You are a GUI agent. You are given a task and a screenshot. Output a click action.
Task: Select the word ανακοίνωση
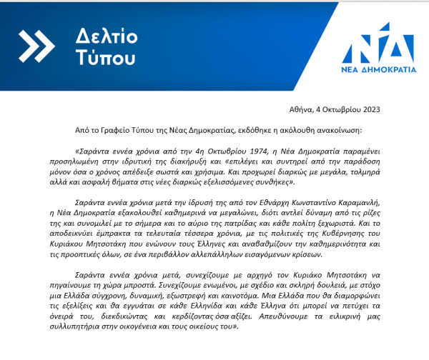pyautogui.click(x=336, y=131)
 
